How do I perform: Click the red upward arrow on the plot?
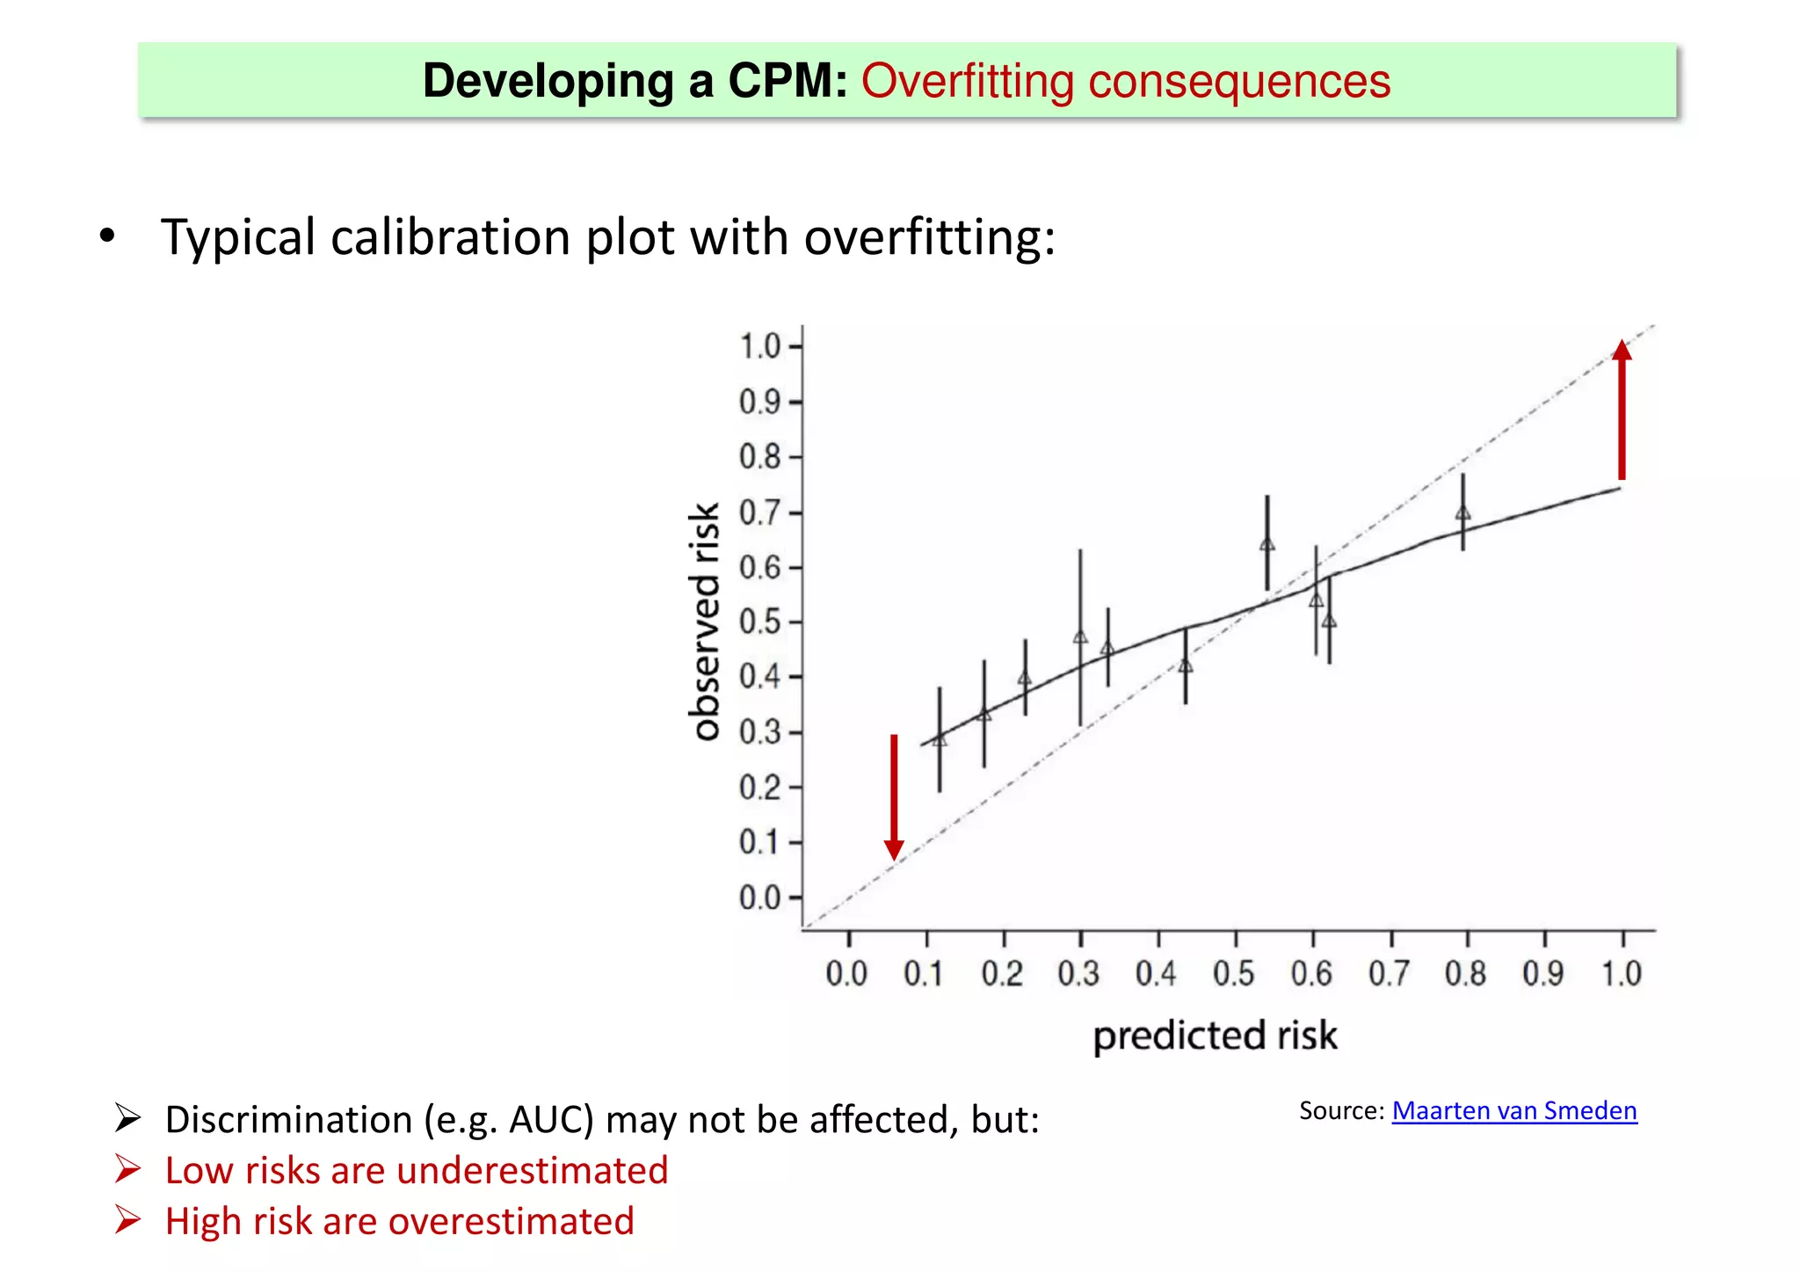(x=1622, y=413)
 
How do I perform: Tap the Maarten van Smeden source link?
(x=1513, y=1110)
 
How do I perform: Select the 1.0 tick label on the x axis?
(x=1621, y=974)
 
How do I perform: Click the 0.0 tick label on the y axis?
(x=760, y=898)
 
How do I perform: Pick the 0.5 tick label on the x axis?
(x=1233, y=974)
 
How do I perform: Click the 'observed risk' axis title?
(x=704, y=621)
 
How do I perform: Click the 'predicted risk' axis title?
(x=1215, y=1036)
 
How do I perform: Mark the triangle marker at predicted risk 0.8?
(x=1462, y=513)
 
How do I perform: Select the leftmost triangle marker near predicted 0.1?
(x=940, y=739)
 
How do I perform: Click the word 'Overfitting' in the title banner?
(x=968, y=81)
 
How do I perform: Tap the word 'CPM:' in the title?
(x=787, y=81)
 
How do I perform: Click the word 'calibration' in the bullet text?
(x=450, y=237)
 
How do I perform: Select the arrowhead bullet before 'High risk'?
(x=127, y=1220)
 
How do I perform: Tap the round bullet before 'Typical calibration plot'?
(x=107, y=236)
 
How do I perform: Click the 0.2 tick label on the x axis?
(x=1001, y=974)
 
